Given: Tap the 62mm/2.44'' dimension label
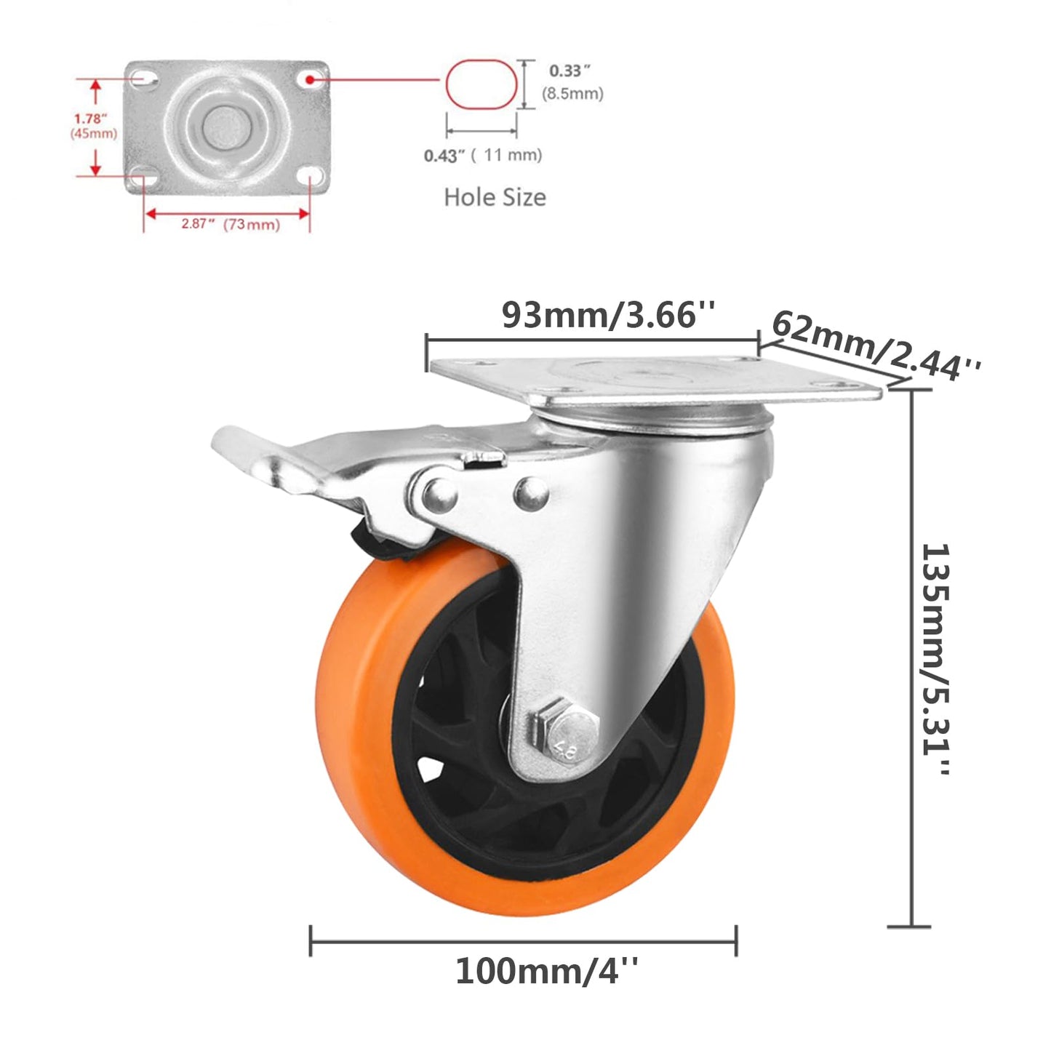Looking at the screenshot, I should click(876, 346).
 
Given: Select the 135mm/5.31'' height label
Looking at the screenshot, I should click(935, 659).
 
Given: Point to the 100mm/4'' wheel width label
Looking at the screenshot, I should click(547, 971).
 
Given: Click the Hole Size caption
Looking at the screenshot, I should click(495, 197).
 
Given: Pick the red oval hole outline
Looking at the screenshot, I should click(481, 84).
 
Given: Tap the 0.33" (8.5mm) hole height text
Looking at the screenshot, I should click(572, 81).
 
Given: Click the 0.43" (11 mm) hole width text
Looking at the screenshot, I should click(483, 155).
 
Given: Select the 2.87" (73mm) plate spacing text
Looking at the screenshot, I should click(231, 224).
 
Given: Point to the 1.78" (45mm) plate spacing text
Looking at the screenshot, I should click(92, 125).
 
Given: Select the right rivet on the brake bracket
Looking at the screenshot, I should click(531, 494).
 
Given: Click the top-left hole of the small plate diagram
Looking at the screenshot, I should click(145, 77).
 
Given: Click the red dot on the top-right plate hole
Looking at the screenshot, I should click(311, 76).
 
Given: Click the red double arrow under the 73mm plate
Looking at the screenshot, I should click(227, 213).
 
